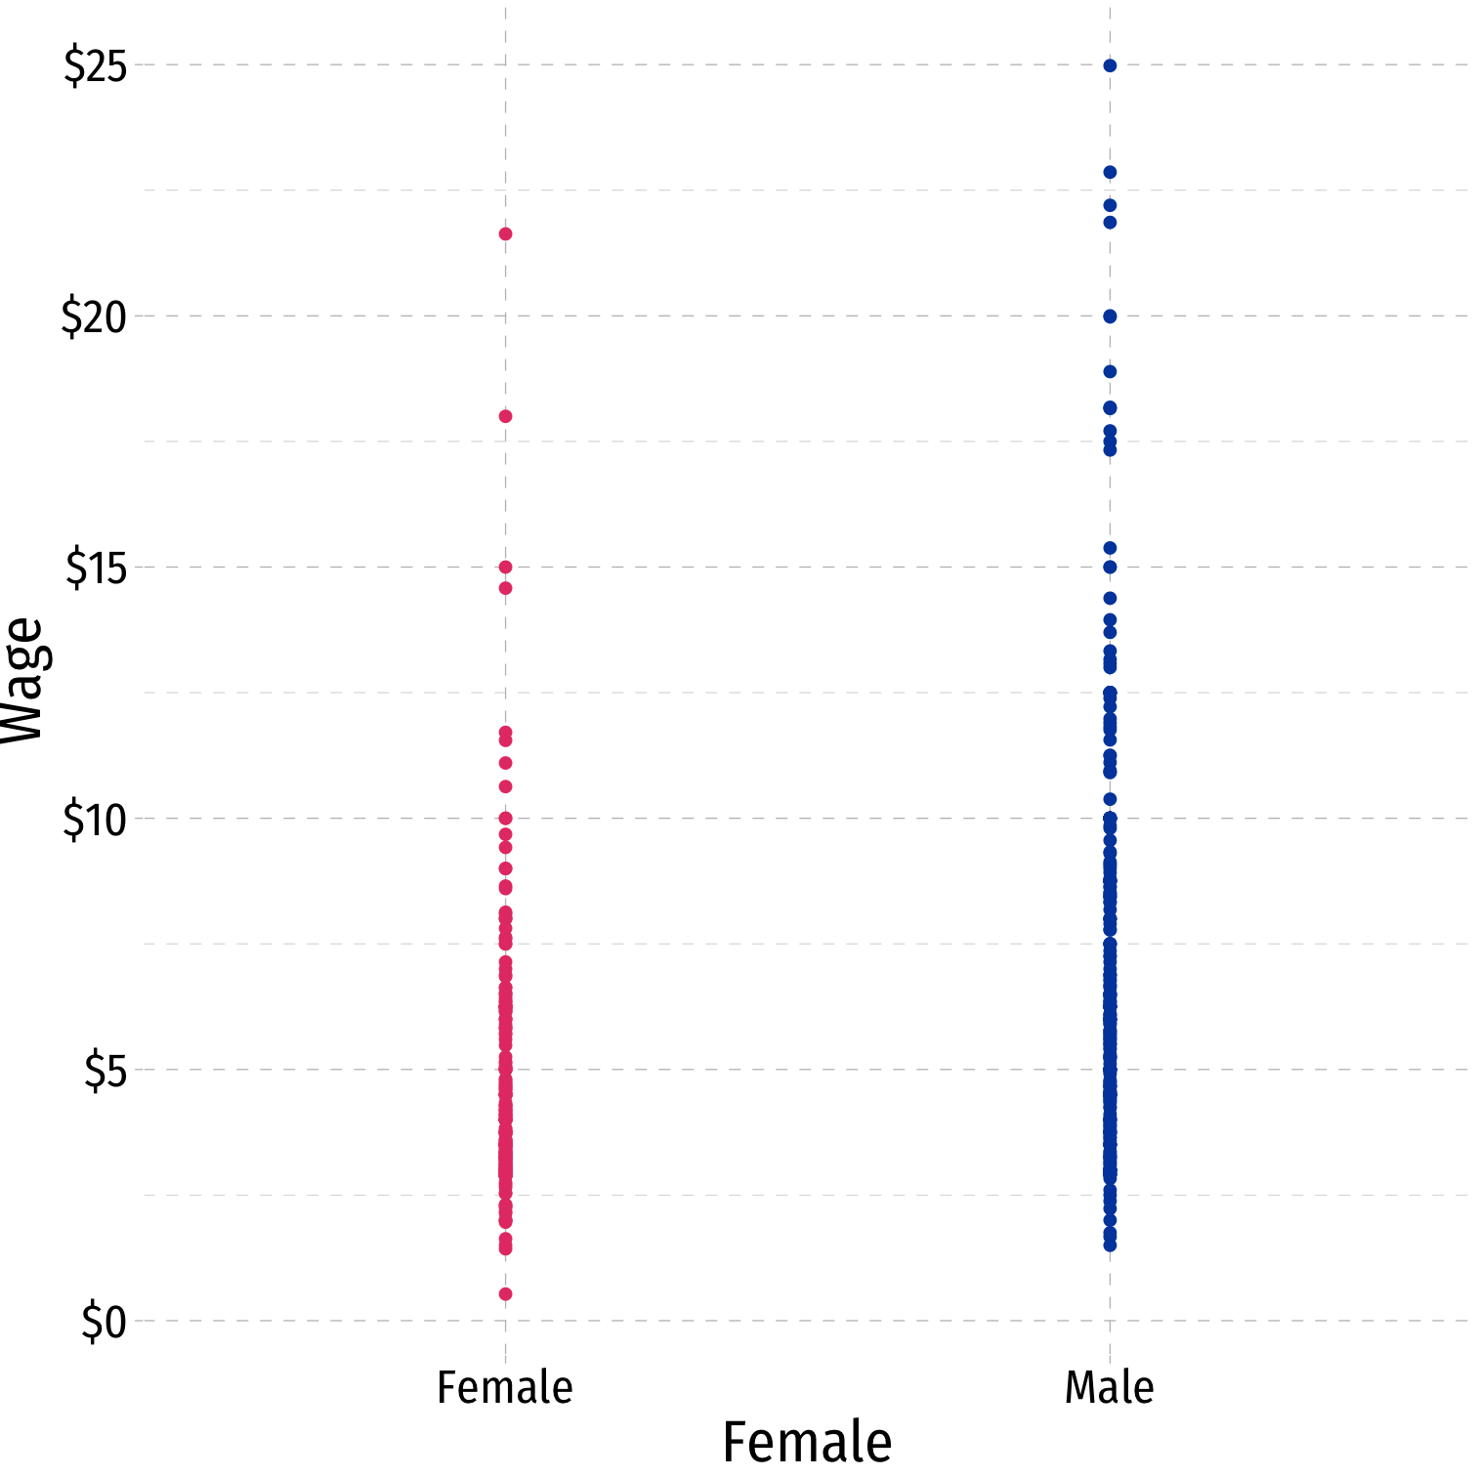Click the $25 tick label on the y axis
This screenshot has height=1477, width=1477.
coord(96,66)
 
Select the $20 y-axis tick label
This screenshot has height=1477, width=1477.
coord(95,317)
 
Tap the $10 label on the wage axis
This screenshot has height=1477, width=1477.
coord(95,820)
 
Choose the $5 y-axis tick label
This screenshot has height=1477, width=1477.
coord(105,1072)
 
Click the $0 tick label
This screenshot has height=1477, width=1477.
coord(105,1323)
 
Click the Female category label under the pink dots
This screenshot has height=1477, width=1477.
coord(504,1387)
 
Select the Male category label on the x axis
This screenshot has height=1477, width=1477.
coord(1109,1387)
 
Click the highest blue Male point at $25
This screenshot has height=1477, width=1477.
coord(1110,65)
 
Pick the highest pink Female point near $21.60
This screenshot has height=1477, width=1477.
coord(505,233)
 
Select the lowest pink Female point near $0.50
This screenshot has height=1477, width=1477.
coord(505,1293)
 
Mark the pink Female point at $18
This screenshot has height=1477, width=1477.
coord(505,416)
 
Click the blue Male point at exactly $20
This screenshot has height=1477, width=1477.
coord(1110,316)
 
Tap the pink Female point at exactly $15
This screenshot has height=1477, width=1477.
coord(505,567)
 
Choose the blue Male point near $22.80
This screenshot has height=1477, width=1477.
coord(1110,172)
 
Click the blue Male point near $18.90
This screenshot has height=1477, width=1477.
coord(1110,371)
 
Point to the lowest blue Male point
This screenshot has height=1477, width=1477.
coord(1110,1245)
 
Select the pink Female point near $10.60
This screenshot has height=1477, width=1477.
coord(505,786)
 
